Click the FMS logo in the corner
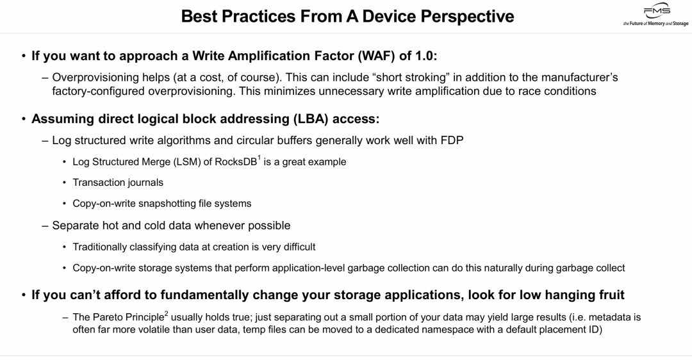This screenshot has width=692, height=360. pos(656,15)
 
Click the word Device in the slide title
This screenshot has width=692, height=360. pos(389,16)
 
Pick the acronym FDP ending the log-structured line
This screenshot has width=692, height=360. pos(452,140)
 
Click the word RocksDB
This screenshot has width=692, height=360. pos(236,162)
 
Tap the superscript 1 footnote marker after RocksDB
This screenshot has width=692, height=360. pos(259,158)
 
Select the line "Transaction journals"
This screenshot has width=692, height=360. pos(118,183)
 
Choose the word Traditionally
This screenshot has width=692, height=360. pos(100,247)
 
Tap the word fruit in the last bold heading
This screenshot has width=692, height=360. pos(611,295)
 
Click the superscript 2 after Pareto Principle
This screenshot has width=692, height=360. pos(167,313)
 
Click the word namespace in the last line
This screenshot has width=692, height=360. pos(435,329)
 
